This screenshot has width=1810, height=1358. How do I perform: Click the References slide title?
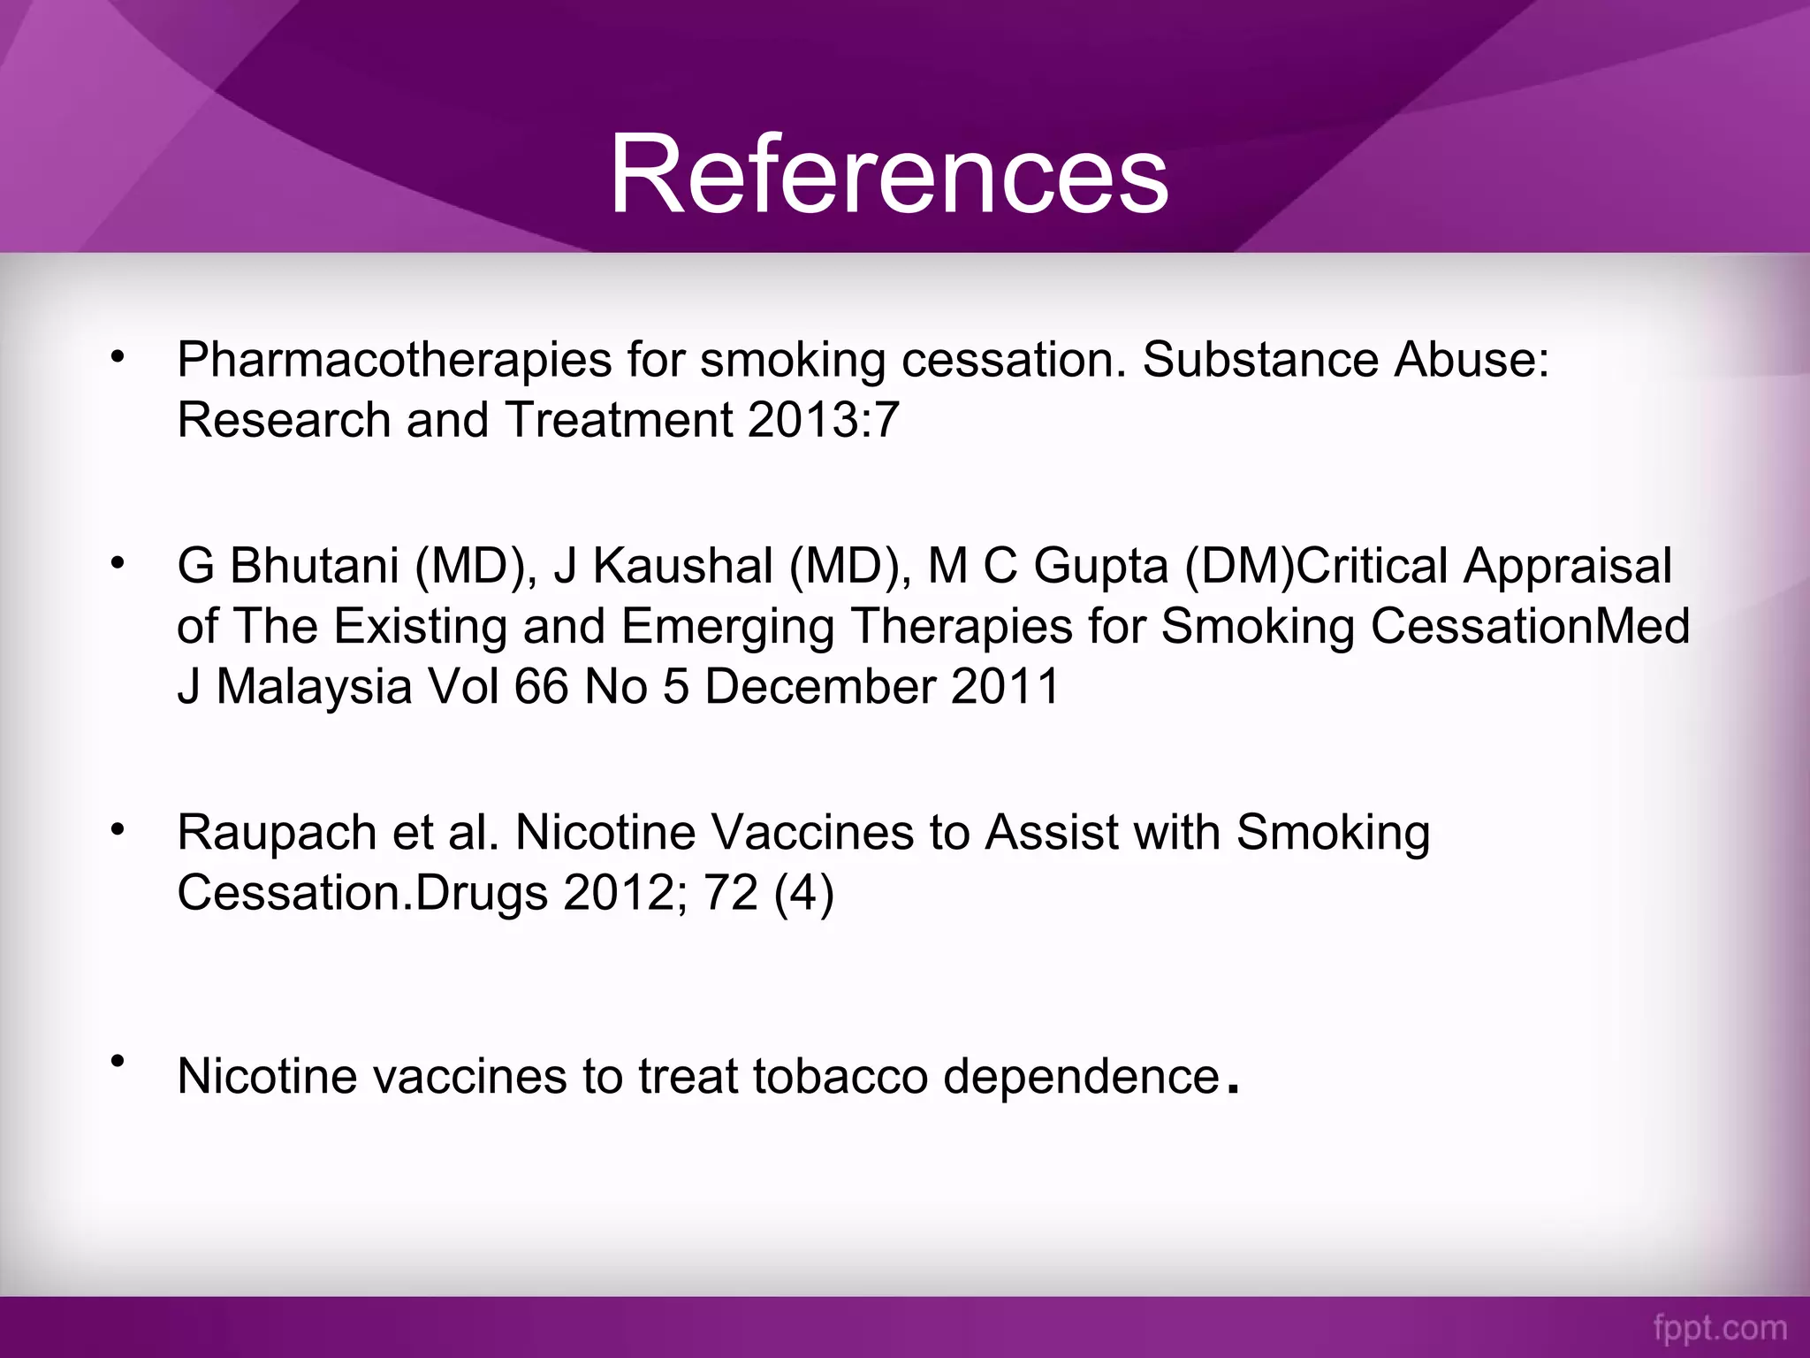click(x=889, y=173)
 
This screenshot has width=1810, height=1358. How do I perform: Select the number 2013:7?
click(x=823, y=419)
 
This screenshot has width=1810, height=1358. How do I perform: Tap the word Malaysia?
click(x=314, y=686)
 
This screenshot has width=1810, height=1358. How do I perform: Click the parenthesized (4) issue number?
click(x=803, y=893)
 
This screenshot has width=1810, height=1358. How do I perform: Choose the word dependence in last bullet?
click(x=1081, y=1077)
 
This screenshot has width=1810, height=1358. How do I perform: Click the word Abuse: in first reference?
click(x=1471, y=361)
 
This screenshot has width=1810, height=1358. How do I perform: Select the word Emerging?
click(x=727, y=626)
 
